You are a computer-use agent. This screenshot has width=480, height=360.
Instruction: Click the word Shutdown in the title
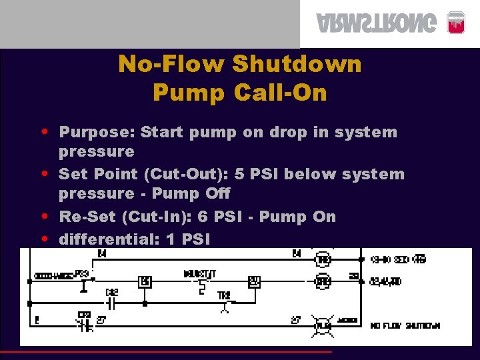297,65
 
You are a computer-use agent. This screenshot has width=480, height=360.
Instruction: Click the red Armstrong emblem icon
455,22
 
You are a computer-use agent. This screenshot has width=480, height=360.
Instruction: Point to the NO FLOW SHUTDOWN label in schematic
405,325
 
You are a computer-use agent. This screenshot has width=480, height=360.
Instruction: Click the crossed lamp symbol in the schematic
323,325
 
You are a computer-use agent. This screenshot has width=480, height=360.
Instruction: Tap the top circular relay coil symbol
323,259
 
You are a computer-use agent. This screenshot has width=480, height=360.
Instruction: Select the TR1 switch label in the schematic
223,295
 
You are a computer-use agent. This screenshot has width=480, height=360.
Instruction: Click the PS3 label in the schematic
82,273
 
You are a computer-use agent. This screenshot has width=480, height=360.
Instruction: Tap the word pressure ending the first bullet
96,152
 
